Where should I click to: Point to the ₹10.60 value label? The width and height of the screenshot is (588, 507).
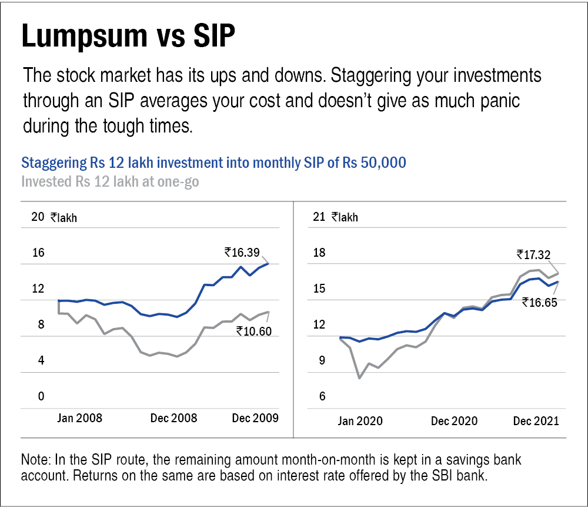point(254,331)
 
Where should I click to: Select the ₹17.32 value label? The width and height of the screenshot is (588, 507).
point(533,254)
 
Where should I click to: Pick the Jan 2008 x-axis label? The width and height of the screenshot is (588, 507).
point(81,419)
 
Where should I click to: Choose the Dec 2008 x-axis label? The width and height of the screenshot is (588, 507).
point(173,419)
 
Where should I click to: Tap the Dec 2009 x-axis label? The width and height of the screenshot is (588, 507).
point(254,419)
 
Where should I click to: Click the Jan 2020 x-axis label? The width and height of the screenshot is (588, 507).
point(360,421)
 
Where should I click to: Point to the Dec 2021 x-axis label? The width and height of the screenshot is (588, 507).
point(535,421)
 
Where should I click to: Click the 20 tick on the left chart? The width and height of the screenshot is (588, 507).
point(38,217)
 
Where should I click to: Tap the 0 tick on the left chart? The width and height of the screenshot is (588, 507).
point(41,396)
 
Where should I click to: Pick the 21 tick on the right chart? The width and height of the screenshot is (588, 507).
point(319,217)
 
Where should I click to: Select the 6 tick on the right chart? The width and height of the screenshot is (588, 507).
point(322,396)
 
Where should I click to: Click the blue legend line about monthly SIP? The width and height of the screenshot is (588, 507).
point(213,163)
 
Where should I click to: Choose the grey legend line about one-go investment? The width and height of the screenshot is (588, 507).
point(110,181)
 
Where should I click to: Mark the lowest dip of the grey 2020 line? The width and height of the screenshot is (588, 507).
point(360,377)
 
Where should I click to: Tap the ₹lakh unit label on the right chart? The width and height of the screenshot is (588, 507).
point(345,217)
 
